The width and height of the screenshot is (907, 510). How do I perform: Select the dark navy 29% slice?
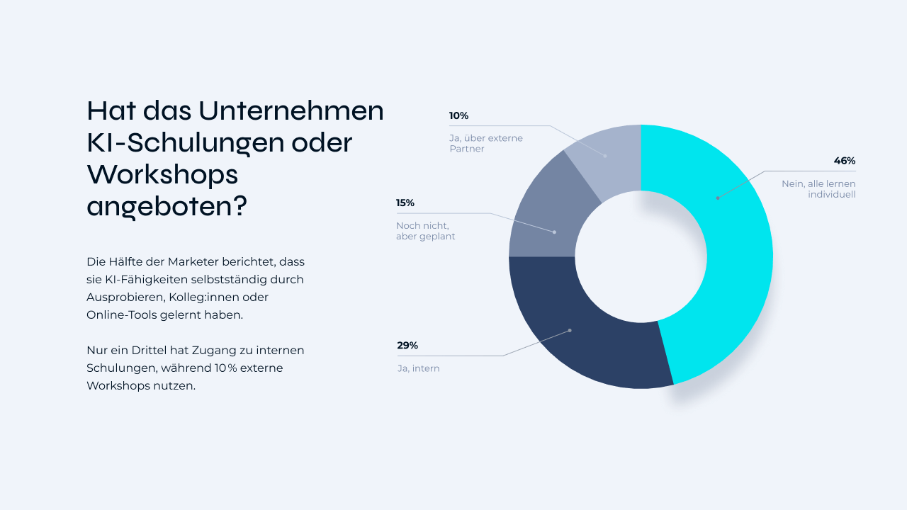point(581,333)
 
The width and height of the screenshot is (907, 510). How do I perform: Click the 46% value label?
point(845,161)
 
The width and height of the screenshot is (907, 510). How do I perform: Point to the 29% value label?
point(407,346)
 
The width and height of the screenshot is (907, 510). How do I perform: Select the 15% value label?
point(405,203)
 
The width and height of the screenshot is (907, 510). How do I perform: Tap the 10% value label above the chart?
point(458,115)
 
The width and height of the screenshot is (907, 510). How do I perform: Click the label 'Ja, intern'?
point(418,368)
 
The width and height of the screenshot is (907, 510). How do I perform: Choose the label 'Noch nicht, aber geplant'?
point(425,231)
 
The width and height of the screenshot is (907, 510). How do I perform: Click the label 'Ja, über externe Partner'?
point(485,144)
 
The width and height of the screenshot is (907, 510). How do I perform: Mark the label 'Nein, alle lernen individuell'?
point(818,189)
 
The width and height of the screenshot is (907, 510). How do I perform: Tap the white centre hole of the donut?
point(641,256)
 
